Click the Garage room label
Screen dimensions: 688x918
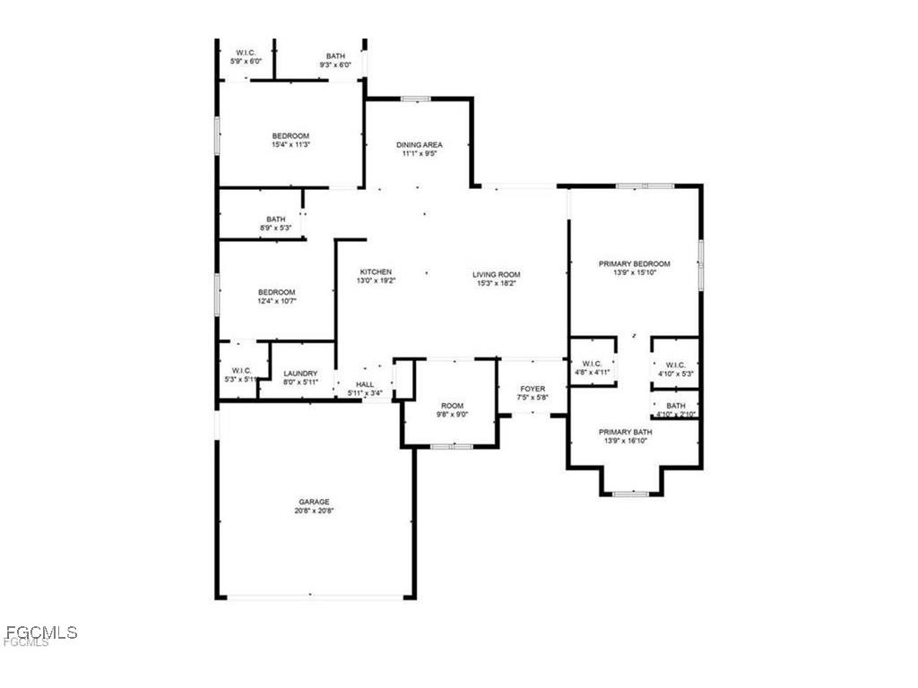click(x=314, y=502)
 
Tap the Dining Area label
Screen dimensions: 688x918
click(x=420, y=144)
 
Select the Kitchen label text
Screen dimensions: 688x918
click(x=376, y=272)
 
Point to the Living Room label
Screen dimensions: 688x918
click(x=497, y=274)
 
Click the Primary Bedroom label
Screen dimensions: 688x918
click(x=635, y=263)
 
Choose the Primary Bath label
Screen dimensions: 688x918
click(x=626, y=432)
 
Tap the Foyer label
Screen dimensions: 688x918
click(x=533, y=389)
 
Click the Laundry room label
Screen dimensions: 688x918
click(x=300, y=374)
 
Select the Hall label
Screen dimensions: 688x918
click(x=365, y=383)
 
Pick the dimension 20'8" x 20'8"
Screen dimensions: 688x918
click(x=314, y=511)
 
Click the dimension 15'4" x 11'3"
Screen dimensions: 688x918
click(x=290, y=144)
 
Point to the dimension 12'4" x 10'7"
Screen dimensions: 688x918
click(x=277, y=301)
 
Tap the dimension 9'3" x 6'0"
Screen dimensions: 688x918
click(x=335, y=64)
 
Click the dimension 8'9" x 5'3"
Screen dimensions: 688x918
click(x=275, y=228)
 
